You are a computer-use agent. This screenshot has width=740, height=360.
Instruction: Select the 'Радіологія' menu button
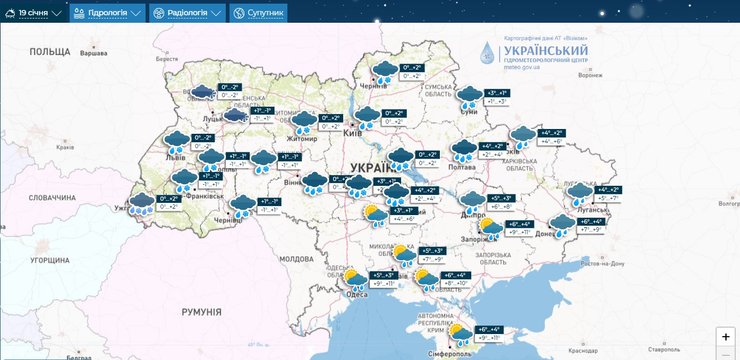point(188,13)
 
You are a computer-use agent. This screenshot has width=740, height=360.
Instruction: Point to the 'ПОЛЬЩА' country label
point(50,51)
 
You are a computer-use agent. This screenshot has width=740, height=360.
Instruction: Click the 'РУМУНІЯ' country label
point(201,312)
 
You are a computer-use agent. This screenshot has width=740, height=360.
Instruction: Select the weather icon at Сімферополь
point(461,334)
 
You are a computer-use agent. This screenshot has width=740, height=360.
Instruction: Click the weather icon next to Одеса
point(354,279)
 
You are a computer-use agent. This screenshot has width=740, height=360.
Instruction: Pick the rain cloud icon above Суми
point(470,96)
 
